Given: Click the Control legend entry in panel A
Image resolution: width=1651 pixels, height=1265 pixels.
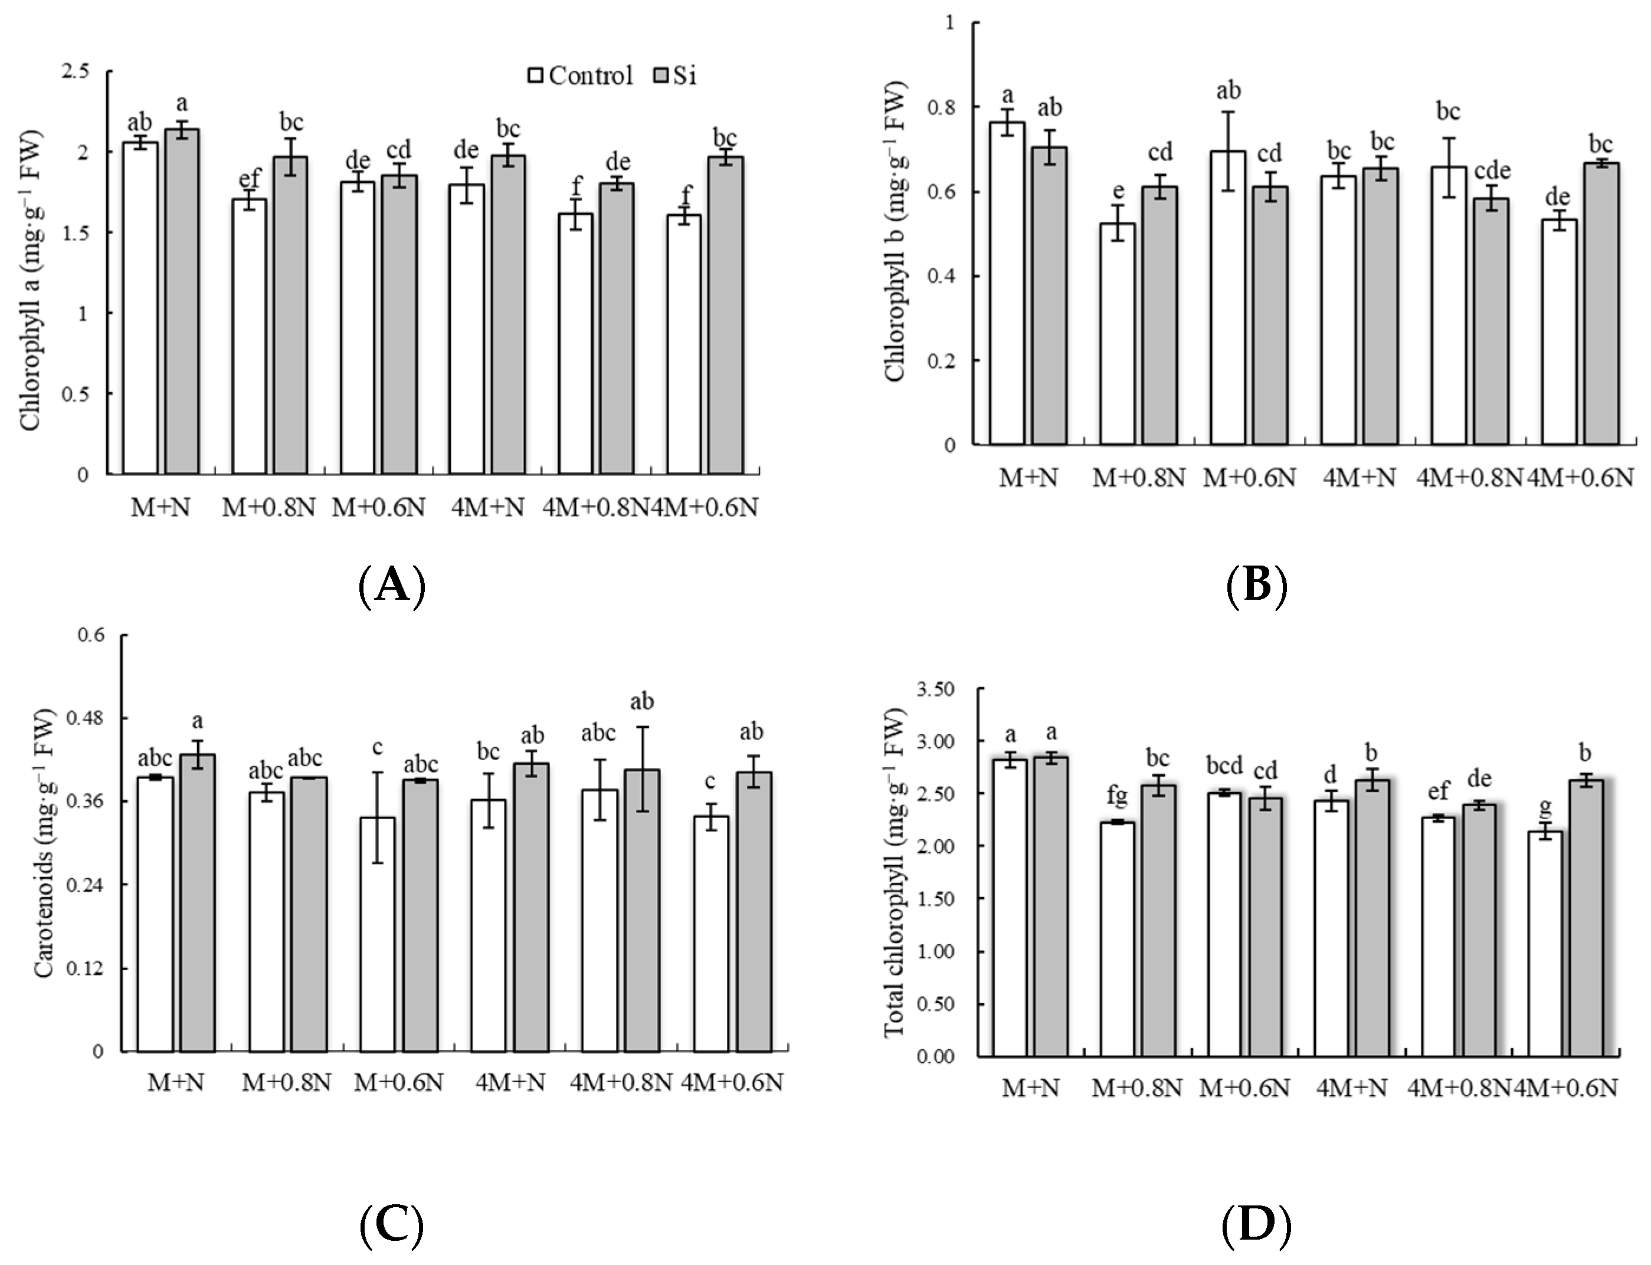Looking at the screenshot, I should [x=580, y=76].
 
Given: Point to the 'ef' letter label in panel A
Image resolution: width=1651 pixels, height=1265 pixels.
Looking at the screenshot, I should [x=250, y=179].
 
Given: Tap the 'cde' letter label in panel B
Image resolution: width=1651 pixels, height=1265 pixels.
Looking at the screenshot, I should [x=1492, y=171].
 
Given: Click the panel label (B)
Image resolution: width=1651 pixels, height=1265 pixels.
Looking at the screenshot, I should [x=1256, y=585].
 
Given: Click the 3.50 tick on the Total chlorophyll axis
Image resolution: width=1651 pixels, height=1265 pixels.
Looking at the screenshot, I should [x=935, y=689].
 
